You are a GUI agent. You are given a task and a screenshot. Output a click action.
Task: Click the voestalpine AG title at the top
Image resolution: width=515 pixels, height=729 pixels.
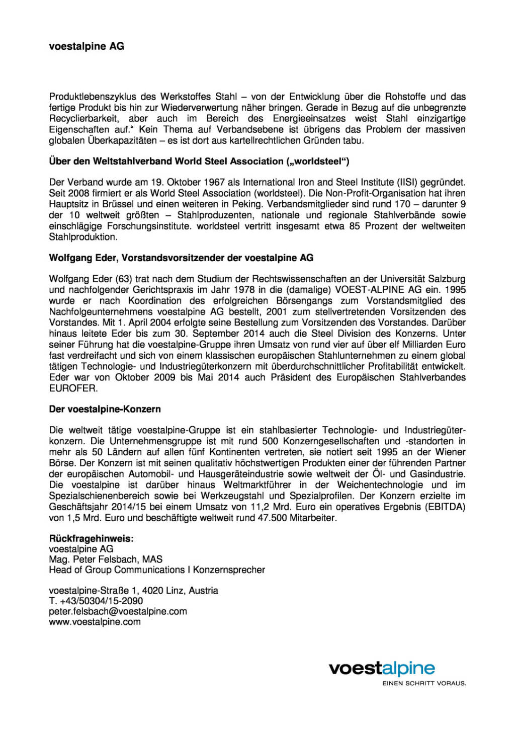point(87,46)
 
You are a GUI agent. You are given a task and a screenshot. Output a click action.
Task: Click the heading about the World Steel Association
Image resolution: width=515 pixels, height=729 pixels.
point(199,161)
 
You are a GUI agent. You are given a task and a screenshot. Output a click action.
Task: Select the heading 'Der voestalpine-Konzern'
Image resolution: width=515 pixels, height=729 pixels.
point(105,410)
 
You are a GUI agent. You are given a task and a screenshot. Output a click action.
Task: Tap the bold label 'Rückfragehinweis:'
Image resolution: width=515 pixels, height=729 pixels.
point(92,538)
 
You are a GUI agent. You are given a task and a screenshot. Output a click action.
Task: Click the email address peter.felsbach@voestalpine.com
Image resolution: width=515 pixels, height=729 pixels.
point(118,611)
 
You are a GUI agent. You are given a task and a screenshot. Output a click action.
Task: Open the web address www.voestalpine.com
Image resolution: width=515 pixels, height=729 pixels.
point(95,622)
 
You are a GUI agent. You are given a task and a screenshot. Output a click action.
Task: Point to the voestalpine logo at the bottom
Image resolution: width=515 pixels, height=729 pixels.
point(382,669)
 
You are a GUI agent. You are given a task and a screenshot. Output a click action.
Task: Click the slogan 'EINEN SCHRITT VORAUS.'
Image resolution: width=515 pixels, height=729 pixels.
point(424,683)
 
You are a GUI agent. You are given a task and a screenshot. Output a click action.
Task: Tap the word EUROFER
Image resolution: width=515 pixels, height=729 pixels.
point(73,388)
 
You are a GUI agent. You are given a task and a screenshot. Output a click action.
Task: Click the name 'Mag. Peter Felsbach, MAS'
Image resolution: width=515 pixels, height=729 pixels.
point(106,559)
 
